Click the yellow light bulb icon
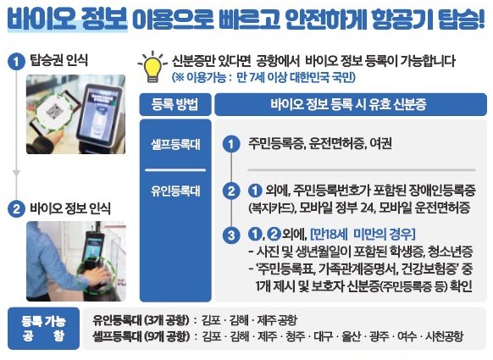click(x=152, y=67)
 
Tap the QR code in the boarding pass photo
click(x=53, y=111)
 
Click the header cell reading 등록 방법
click(x=175, y=104)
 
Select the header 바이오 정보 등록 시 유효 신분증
click(x=350, y=104)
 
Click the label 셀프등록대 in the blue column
click(x=175, y=144)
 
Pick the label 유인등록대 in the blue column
click(x=175, y=191)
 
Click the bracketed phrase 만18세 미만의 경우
click(x=363, y=234)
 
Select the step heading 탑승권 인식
click(x=58, y=60)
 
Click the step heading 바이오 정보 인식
click(x=70, y=208)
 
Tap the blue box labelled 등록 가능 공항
click(x=43, y=329)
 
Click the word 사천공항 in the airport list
click(x=444, y=336)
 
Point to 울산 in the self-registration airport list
click(x=351, y=336)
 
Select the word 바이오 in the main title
click(x=42, y=19)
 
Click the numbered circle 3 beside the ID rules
click(x=231, y=235)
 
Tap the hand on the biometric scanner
click(x=99, y=277)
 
